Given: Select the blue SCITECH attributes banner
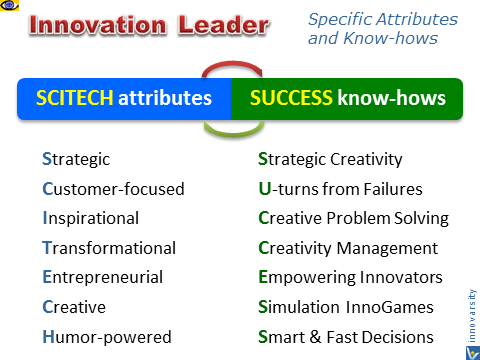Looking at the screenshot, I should tap(124, 99).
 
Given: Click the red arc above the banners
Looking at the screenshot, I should tap(233, 71).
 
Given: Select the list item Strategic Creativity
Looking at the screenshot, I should tap(330, 158).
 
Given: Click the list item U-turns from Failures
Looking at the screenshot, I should tap(340, 188).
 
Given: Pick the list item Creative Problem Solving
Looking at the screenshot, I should tap(353, 218).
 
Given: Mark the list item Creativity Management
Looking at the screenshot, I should tap(348, 248).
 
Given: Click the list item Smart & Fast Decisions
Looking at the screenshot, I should tap(346, 337).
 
